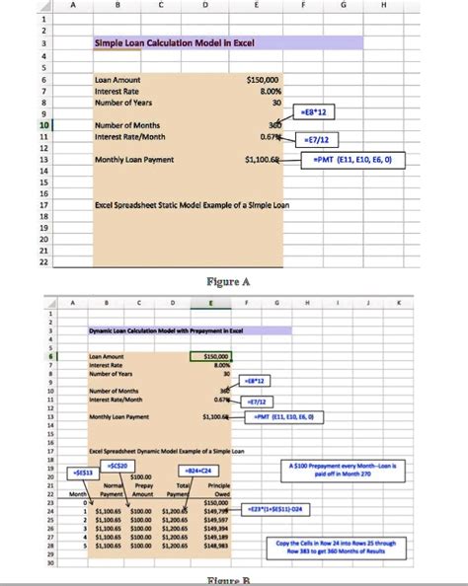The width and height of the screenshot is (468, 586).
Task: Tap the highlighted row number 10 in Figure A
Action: coord(16,126)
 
